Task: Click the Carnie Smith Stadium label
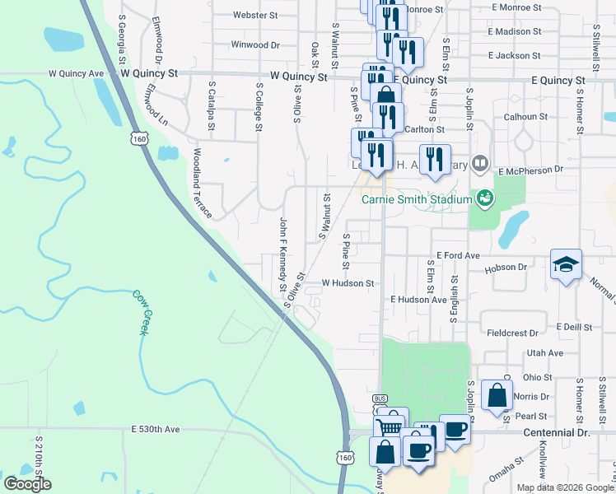tap(417, 198)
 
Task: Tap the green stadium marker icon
tap(484, 198)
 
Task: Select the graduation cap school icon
tap(566, 264)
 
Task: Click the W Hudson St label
tap(348, 282)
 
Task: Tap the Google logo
tap(27, 484)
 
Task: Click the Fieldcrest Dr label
tap(512, 333)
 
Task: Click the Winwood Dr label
tap(255, 44)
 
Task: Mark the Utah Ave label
tap(545, 352)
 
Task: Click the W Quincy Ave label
tap(76, 73)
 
